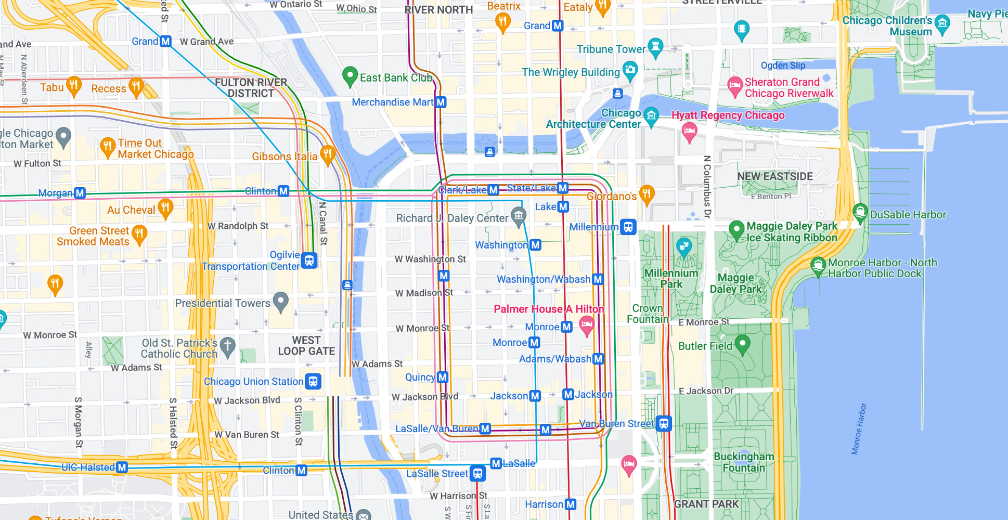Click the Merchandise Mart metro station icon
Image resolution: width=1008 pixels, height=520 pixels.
[441, 102]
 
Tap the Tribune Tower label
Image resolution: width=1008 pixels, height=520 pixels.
[611, 49]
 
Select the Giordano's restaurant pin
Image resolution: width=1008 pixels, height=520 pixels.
[647, 194]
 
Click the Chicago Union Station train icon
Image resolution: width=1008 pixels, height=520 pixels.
[313, 382]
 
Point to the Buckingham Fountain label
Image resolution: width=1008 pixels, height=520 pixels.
[743, 462]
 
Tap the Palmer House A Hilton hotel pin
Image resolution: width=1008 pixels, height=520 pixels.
[587, 326]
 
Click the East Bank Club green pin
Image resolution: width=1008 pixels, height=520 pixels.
[350, 76]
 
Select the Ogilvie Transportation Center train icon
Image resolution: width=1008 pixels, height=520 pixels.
[309, 261]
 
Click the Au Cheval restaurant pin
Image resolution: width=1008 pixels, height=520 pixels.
[165, 208]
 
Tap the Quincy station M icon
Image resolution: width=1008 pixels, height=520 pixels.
[443, 377]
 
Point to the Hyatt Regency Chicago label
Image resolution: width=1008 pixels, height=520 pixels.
[728, 115]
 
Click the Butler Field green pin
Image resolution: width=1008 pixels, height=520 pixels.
[742, 344]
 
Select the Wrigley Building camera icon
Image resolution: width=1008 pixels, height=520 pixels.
[630, 70]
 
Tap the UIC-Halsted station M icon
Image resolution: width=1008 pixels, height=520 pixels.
[122, 467]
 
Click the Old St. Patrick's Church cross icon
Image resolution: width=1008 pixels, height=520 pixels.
[227, 346]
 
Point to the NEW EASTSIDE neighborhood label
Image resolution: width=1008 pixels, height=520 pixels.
[774, 176]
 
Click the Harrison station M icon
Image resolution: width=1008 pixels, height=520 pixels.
[571, 504]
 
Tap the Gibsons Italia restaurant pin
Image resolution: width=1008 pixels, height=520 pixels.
[327, 154]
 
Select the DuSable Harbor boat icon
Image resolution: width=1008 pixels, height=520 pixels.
[860, 212]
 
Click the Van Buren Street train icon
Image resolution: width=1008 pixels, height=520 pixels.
[663, 423]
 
